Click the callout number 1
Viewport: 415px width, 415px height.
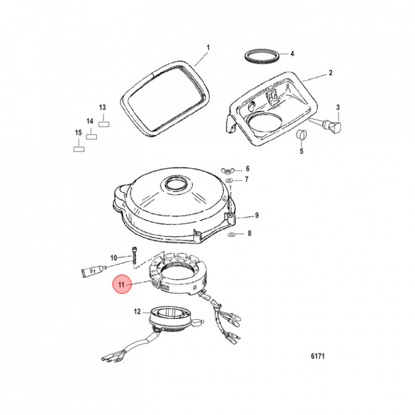[209, 47]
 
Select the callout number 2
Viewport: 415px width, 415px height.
[330, 73]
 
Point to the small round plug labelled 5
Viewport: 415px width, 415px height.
[299, 134]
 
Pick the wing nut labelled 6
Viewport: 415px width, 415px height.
[229, 170]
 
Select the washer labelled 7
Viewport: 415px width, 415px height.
[229, 180]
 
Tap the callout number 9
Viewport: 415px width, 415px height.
[257, 216]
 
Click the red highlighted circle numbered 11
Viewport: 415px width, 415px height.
[122, 284]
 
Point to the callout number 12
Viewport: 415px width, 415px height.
[137, 312]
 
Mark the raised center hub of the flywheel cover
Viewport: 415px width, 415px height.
[173, 185]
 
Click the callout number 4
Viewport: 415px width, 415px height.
[292, 54]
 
